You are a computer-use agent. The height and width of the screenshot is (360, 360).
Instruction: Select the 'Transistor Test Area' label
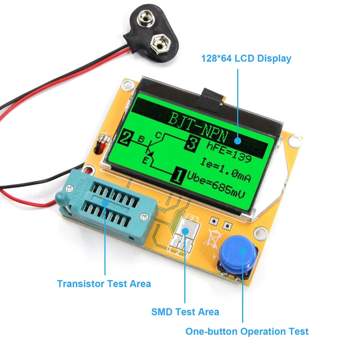[x=104, y=283]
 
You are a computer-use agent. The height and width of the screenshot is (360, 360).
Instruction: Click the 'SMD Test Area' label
[x=185, y=311]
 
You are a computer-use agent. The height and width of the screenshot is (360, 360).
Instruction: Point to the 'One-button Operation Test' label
[x=247, y=331]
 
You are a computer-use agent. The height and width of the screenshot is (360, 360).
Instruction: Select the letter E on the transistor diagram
[x=145, y=161]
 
